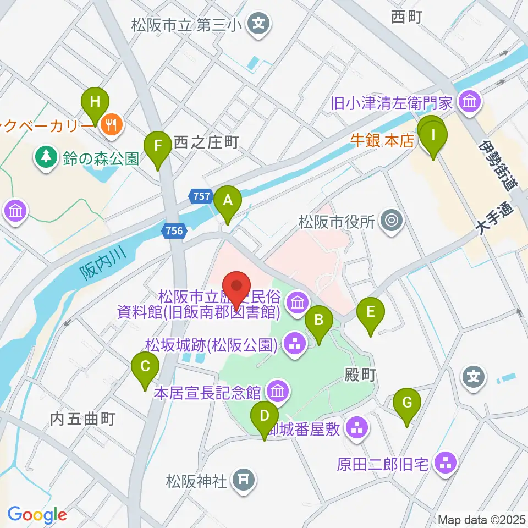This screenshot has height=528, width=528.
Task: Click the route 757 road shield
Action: coord(201,195)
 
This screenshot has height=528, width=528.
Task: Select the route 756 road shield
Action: coord(174,232)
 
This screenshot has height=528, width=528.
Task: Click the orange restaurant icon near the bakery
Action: coord(112,124)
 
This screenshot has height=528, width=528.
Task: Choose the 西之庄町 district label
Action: coord(205,143)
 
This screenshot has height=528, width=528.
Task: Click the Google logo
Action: coord(37,514)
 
